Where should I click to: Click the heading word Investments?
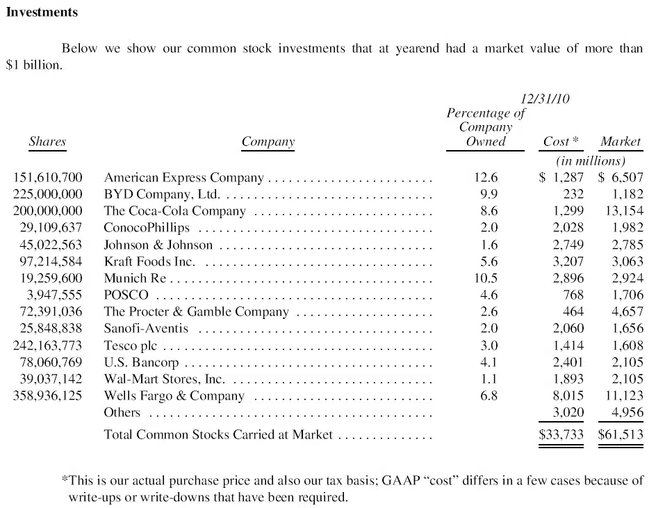point(42,13)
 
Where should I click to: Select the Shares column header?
point(47,142)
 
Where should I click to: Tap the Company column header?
point(268,142)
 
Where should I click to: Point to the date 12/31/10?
point(545,99)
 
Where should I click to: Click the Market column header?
point(621,142)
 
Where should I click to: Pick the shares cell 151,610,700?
point(48,177)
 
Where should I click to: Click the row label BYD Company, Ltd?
point(162,194)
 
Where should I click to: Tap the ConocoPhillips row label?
point(147,228)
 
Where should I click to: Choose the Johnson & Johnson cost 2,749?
point(568,245)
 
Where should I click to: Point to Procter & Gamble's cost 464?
point(573,312)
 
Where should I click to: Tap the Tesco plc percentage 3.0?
point(489,345)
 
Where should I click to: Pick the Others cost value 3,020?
point(568,413)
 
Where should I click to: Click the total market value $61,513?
point(621,436)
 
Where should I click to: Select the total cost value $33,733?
point(561,436)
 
